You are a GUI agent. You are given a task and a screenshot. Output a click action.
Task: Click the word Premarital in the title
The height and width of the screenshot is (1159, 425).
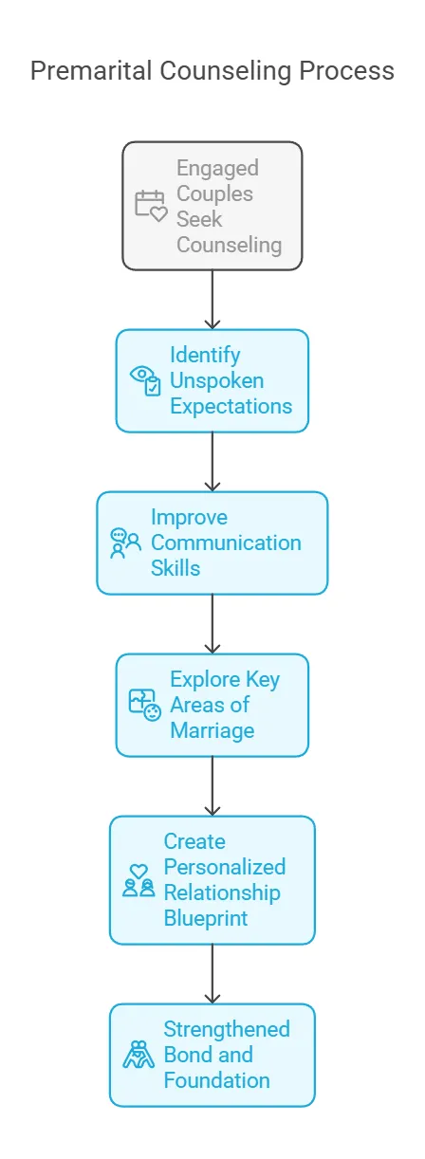(91, 71)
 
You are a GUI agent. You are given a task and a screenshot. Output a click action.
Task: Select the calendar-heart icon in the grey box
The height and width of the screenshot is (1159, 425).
(151, 206)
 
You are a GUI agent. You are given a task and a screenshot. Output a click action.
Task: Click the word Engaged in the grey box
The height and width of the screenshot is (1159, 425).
(217, 169)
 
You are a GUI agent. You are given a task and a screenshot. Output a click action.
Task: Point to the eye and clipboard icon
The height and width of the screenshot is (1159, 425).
(145, 381)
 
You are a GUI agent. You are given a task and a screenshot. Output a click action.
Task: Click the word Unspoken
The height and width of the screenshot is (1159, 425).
(217, 381)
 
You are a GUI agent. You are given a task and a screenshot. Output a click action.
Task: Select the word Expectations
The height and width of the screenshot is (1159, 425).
(231, 406)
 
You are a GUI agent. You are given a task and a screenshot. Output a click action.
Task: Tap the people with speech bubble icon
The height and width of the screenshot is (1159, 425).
(125, 543)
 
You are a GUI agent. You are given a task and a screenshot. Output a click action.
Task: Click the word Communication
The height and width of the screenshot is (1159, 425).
(226, 543)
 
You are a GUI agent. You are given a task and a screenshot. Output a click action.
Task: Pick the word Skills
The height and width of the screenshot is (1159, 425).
(176, 568)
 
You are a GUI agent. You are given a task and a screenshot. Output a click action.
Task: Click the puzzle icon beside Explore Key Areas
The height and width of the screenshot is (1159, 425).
(145, 705)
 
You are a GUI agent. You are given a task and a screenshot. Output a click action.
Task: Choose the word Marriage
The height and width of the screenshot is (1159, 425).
(212, 730)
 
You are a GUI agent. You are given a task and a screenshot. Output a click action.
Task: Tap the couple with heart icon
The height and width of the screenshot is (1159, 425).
(139, 880)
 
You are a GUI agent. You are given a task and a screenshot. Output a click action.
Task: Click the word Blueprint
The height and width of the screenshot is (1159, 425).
(206, 918)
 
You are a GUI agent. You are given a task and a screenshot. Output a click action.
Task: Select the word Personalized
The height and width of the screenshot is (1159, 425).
(225, 867)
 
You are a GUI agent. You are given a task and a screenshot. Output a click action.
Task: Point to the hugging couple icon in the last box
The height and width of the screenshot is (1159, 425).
(139, 1055)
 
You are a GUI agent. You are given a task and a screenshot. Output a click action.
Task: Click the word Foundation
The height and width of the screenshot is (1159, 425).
(217, 1080)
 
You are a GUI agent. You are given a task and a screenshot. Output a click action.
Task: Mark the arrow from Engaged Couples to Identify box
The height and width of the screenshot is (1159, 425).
(212, 299)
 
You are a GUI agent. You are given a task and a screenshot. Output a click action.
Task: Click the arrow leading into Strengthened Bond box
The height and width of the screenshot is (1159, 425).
(212, 974)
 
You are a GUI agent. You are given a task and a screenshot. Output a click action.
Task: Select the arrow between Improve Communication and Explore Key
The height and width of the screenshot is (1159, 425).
(212, 623)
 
